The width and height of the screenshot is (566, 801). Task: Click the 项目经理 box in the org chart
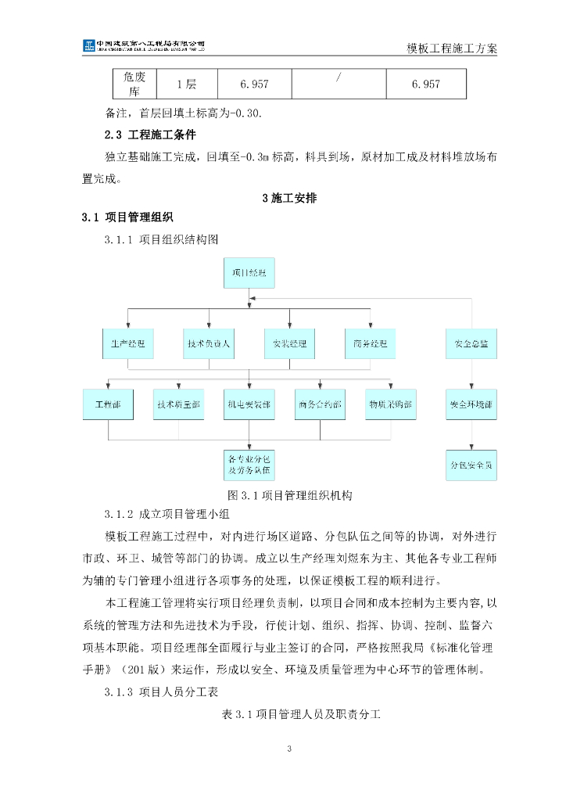tap(249, 272)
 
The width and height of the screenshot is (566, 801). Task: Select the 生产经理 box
tap(128, 343)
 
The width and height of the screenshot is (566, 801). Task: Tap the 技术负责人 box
tap(210, 343)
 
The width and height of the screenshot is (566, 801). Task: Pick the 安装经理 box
tap(289, 343)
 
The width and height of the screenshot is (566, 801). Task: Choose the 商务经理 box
tap(370, 343)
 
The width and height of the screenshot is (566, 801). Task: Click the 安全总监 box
tap(471, 343)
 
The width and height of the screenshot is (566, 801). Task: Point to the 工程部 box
tap(108, 404)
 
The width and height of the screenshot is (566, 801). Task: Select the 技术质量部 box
tap(178, 404)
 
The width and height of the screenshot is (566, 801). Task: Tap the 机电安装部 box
tap(249, 404)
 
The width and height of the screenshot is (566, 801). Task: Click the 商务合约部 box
tap(320, 404)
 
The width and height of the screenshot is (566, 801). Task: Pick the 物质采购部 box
tap(391, 404)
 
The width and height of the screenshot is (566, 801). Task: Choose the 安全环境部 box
tap(471, 404)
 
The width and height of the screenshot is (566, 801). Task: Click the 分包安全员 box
tap(471, 465)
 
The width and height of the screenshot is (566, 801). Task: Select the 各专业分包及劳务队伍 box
tap(249, 464)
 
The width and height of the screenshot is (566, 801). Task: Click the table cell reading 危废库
tap(130, 84)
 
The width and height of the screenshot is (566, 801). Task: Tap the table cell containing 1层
tap(187, 84)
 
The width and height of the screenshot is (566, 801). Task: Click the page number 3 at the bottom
tap(289, 749)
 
